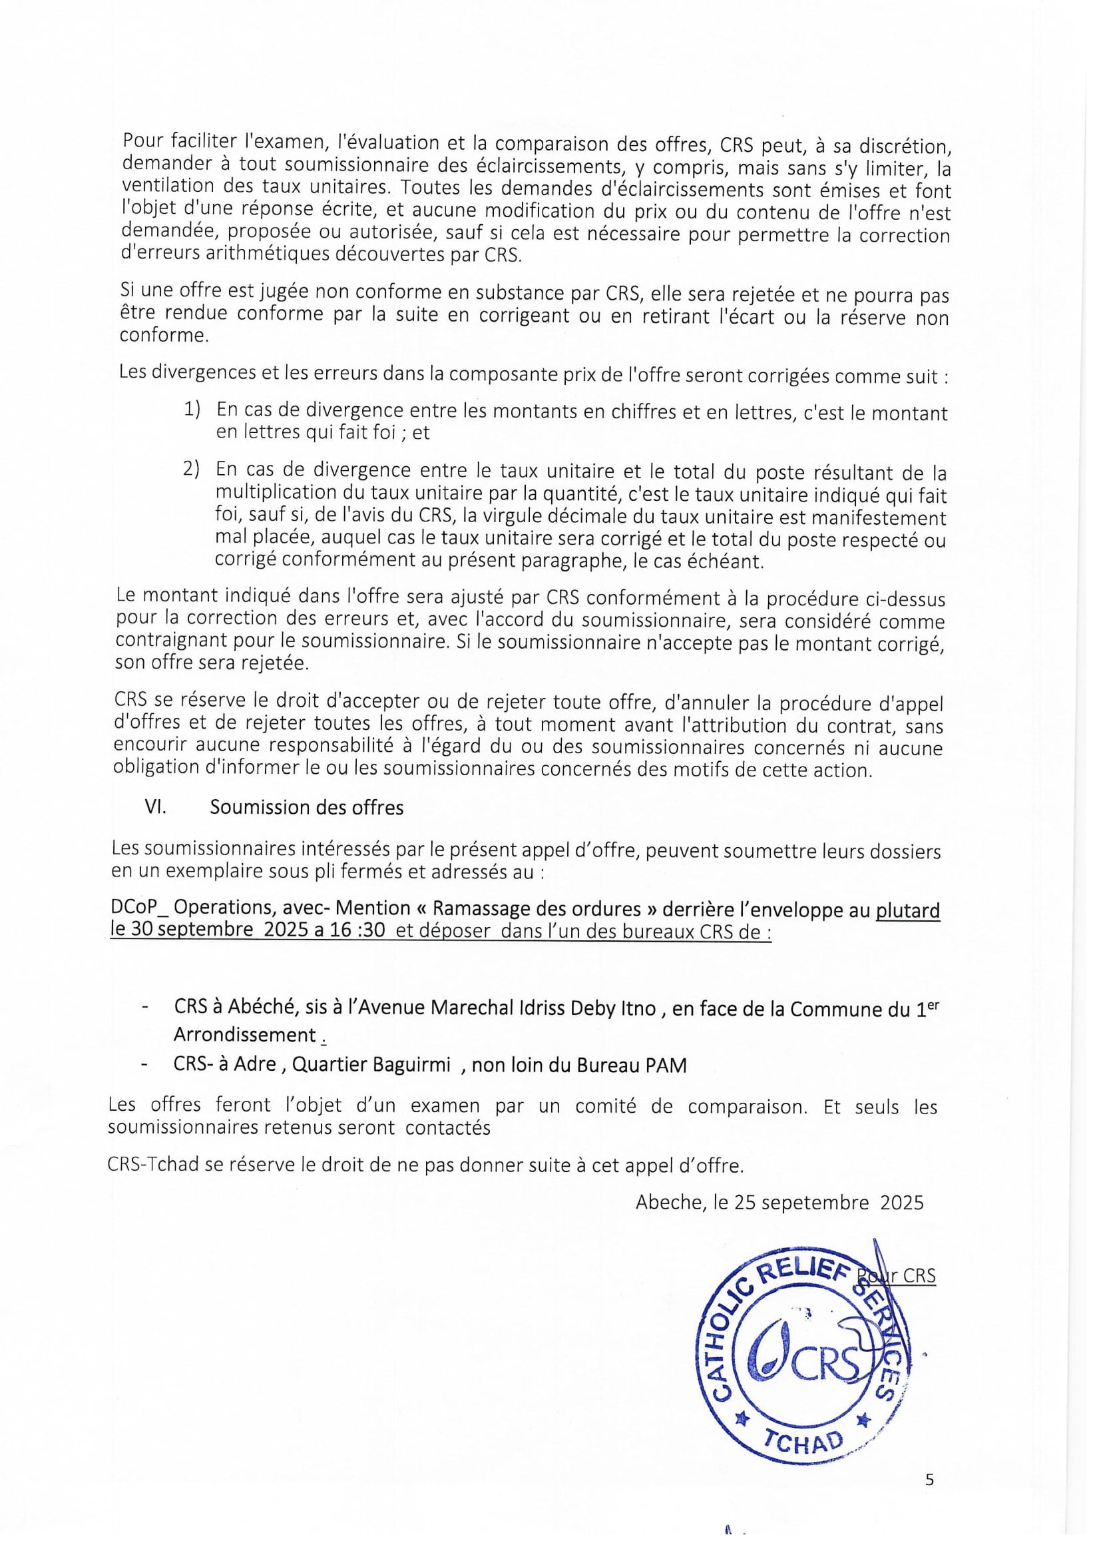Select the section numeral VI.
tap(155, 807)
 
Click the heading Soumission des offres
tap(306, 807)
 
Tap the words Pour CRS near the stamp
tap(897, 1275)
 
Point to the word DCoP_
tap(138, 908)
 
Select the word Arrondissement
tap(245, 1035)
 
